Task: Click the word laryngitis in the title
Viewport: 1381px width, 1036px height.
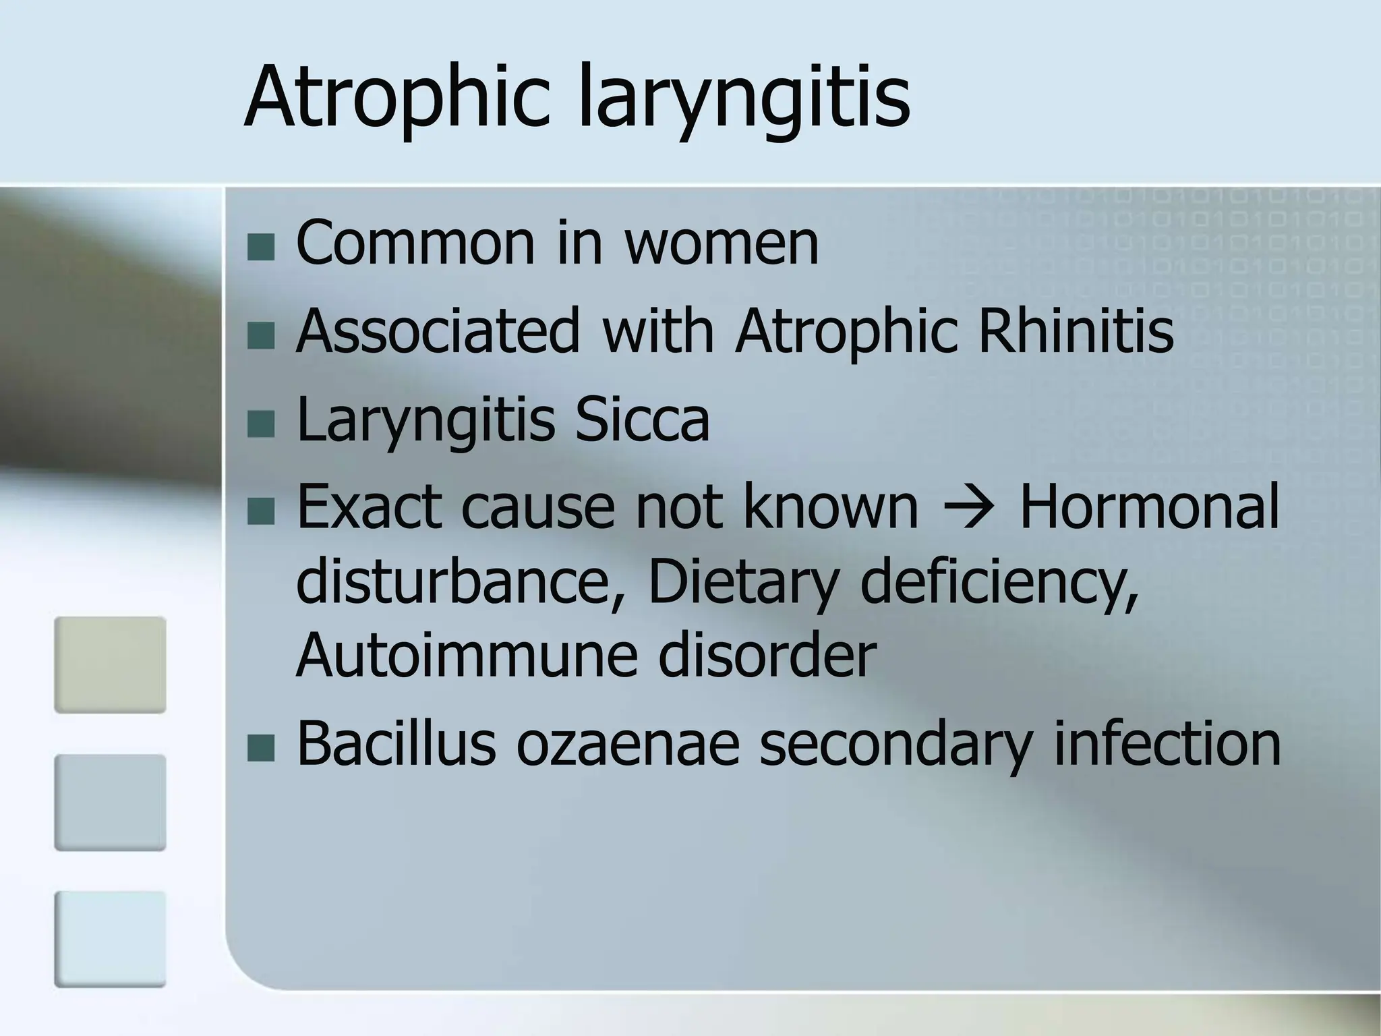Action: pos(744,96)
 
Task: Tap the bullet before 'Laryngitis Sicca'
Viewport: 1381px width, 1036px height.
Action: pos(261,424)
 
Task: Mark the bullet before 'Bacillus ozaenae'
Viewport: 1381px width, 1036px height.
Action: pos(261,748)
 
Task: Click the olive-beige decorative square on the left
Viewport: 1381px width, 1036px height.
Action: pos(110,664)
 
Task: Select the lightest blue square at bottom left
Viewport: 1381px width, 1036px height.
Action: pos(110,939)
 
